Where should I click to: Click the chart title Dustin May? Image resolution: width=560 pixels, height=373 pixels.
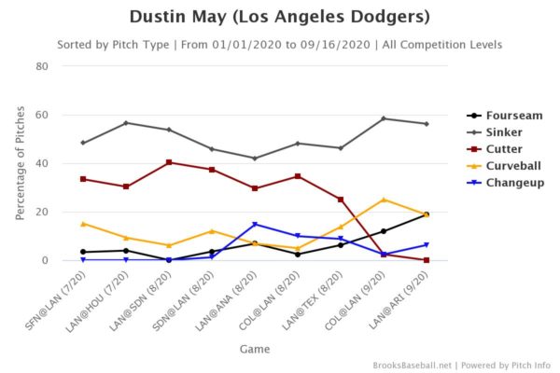click(280, 18)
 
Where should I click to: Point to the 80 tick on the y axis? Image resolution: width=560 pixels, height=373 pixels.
click(43, 66)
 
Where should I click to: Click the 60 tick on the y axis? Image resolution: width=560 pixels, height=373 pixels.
click(43, 115)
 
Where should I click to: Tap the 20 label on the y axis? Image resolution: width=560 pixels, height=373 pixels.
click(43, 212)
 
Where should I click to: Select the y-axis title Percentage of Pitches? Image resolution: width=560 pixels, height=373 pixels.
click(20, 163)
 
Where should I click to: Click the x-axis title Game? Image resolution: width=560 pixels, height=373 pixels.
click(254, 349)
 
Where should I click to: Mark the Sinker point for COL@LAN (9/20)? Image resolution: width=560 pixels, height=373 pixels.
click(384, 118)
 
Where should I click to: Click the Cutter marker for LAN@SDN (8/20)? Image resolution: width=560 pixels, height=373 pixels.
click(169, 162)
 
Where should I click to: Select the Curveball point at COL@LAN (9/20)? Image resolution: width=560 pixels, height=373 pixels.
click(384, 200)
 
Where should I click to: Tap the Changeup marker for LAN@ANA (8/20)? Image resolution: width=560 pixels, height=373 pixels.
click(255, 224)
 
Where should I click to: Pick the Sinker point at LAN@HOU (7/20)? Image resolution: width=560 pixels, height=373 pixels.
click(126, 123)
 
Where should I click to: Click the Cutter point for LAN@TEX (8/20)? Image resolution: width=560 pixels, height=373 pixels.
click(341, 200)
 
